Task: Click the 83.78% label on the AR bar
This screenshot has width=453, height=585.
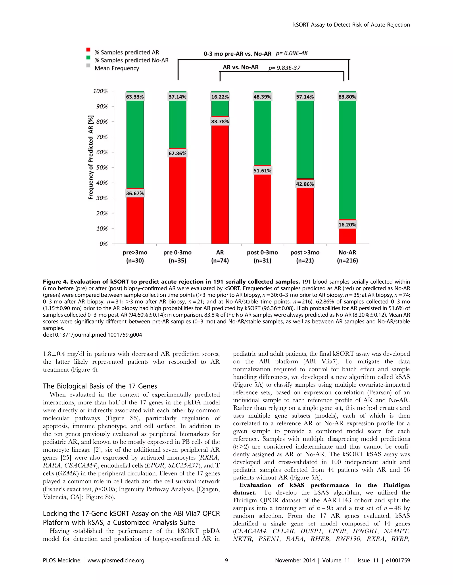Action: [x=220, y=122]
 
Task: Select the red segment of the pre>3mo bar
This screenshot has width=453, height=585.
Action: [x=135, y=220]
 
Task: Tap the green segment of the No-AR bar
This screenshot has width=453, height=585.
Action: [x=347, y=158]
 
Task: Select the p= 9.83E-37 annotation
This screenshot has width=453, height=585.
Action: [x=284, y=68]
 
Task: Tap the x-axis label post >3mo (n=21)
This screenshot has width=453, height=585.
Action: [x=305, y=256]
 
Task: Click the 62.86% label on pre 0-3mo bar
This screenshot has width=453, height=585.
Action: [x=177, y=153]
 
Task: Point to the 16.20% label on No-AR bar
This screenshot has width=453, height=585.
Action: [x=347, y=225]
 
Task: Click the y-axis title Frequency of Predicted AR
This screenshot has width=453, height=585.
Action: [x=91, y=157]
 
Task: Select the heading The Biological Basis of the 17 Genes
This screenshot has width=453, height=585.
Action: [x=100, y=386]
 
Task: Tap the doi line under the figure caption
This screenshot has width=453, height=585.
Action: [x=92, y=335]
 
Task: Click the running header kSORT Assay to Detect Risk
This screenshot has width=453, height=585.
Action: [x=351, y=25]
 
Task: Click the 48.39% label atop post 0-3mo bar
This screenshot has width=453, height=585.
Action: [x=262, y=97]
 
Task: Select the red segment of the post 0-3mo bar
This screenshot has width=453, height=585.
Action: [x=263, y=209]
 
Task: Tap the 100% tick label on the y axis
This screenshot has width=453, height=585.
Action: [x=100, y=91]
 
